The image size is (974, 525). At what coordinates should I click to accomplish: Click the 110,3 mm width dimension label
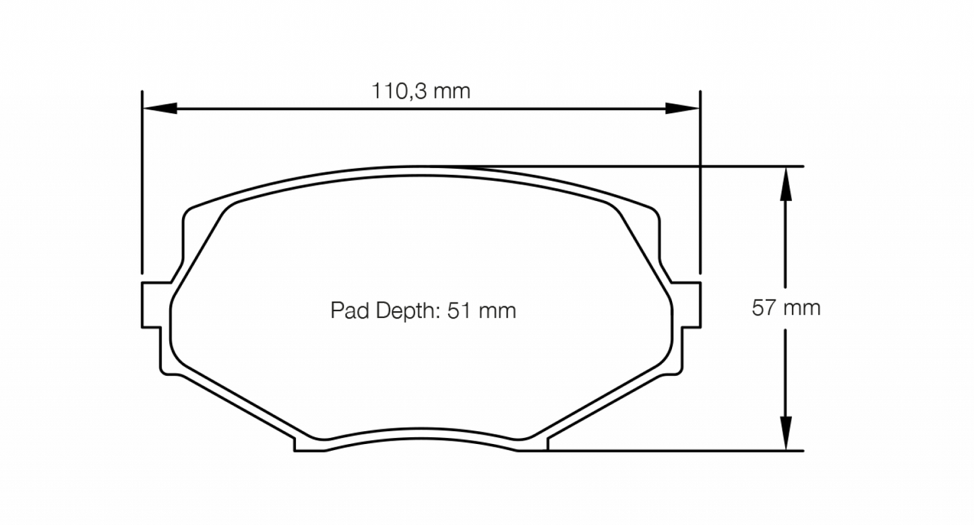pos(421,91)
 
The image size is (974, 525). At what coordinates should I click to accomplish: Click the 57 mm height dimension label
pos(786,308)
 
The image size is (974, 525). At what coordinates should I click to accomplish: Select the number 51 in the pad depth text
pos(458,310)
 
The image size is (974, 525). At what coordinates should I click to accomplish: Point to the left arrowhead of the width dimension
pos(159,108)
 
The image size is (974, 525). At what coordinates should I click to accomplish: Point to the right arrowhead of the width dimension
pos(682,108)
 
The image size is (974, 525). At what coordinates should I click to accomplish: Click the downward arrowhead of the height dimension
pos(785,432)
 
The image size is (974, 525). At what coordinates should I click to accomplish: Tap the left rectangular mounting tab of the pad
pos(152,305)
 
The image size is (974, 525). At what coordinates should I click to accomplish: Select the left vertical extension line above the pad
pos(142,182)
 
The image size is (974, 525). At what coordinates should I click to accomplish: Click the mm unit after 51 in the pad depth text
pos(499,310)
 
